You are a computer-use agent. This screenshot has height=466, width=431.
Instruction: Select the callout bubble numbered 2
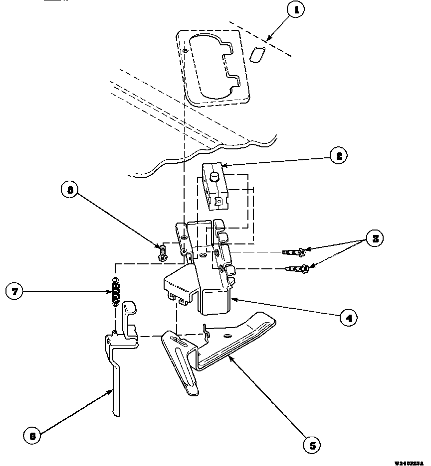[339, 156]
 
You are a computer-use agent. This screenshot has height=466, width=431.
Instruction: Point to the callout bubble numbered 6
[32, 436]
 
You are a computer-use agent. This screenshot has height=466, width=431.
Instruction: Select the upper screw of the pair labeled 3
[295, 252]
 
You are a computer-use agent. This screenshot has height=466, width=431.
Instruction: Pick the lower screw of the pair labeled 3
[298, 269]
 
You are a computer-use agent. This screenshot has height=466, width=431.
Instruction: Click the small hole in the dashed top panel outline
[185, 50]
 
